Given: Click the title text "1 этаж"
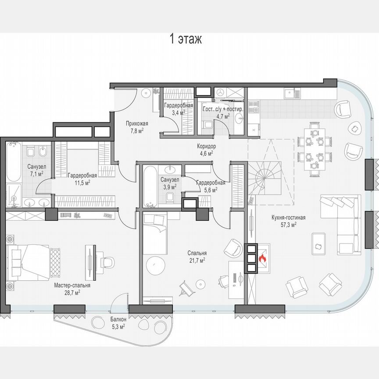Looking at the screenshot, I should [x=186, y=39].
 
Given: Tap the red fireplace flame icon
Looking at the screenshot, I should [x=263, y=259].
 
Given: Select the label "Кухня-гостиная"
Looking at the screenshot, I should [x=289, y=217].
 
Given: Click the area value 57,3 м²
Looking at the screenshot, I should [x=289, y=224].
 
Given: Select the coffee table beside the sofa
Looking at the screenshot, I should [x=318, y=243].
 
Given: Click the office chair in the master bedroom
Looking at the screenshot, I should [x=107, y=262].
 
